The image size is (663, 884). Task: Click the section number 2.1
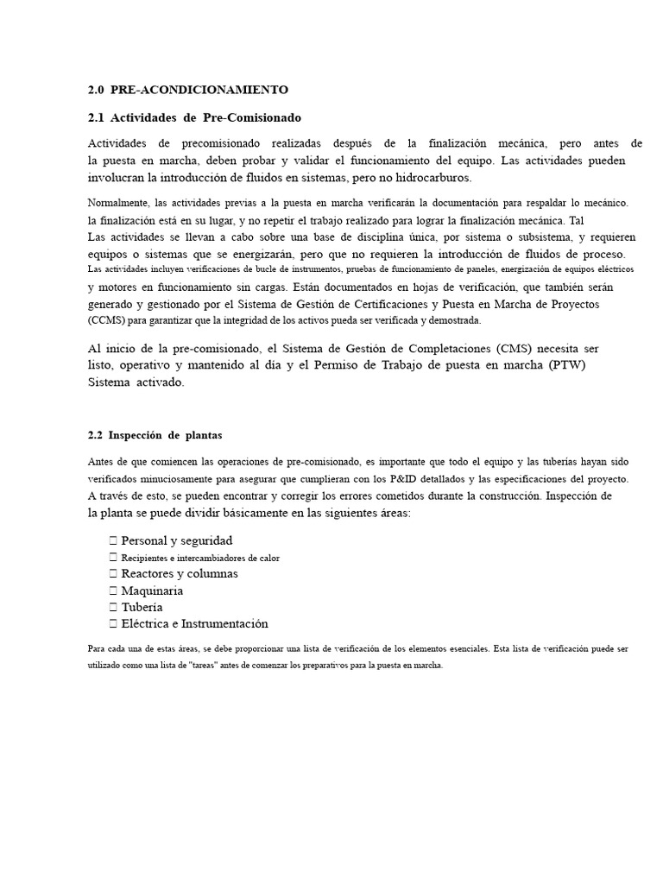(x=96, y=117)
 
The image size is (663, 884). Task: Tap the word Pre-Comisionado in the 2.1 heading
(x=252, y=117)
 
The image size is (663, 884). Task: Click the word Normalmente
(x=117, y=203)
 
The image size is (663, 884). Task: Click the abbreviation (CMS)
(x=518, y=348)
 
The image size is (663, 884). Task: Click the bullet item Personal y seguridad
(x=176, y=540)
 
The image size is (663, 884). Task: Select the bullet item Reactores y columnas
(x=179, y=573)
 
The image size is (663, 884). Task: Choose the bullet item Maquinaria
(x=151, y=590)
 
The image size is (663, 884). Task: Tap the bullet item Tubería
(x=142, y=607)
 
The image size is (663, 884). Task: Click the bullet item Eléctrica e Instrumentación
(x=194, y=623)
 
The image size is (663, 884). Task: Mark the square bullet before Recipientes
(x=113, y=558)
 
